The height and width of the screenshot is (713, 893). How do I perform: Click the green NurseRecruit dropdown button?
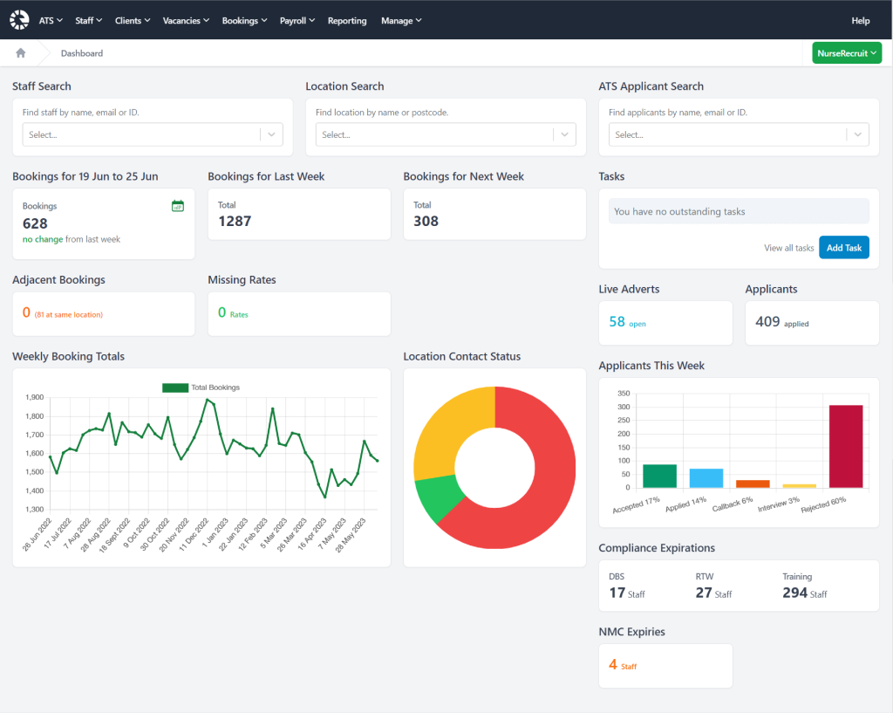[x=847, y=53]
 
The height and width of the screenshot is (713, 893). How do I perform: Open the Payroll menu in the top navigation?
[x=297, y=20]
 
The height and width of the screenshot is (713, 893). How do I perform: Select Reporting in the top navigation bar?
[x=347, y=20]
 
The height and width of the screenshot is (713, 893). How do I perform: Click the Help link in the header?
[x=860, y=20]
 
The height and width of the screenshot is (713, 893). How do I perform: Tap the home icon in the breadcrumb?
[x=20, y=53]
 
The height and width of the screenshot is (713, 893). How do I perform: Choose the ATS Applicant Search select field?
[x=727, y=134]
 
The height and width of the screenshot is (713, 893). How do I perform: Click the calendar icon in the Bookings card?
[x=178, y=206]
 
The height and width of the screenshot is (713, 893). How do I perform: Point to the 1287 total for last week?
[x=235, y=221]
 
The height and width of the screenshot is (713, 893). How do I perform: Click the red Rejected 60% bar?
[x=845, y=446]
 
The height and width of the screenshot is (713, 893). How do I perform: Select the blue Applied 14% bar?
[x=706, y=477]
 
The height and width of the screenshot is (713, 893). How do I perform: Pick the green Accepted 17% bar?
[x=659, y=476]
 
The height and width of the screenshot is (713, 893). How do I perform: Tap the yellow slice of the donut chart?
[x=449, y=428]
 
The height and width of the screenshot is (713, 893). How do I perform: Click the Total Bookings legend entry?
[x=201, y=387]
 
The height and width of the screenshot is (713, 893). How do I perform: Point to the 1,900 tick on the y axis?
[x=34, y=397]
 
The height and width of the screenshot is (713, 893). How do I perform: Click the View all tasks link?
[x=788, y=248]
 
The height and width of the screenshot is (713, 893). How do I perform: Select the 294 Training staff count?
[x=795, y=593]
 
